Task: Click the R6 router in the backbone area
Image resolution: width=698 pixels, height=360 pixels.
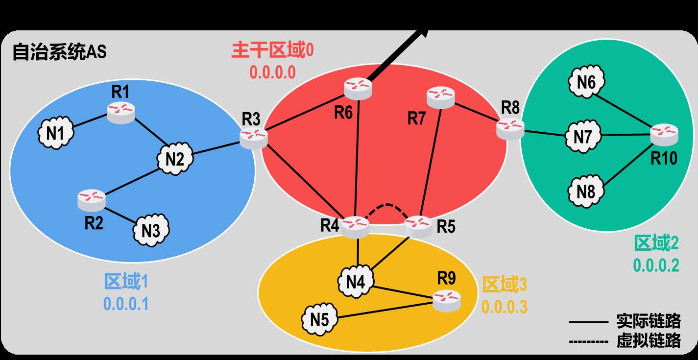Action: (x=358, y=87)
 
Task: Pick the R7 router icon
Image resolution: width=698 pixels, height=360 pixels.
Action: (x=441, y=96)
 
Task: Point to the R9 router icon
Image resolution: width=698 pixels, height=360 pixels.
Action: (x=447, y=300)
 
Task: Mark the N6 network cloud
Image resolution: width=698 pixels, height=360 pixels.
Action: (x=586, y=82)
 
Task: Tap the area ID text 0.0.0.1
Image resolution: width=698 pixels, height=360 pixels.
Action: (x=126, y=304)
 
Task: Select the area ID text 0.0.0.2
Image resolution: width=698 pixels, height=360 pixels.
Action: (x=656, y=265)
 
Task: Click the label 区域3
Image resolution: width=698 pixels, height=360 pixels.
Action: (x=505, y=285)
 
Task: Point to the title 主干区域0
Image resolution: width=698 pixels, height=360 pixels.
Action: (x=272, y=51)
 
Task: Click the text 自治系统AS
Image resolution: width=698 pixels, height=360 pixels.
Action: (x=59, y=52)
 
